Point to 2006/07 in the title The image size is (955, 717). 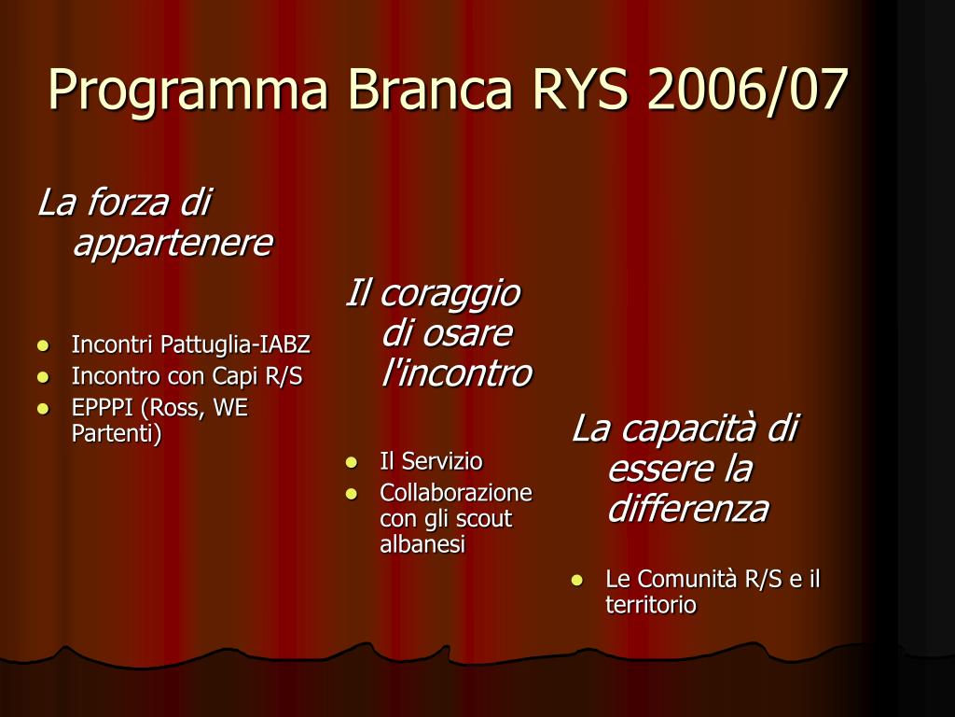pos(747,90)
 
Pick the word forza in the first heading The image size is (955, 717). pos(127,202)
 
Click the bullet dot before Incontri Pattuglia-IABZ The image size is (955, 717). pos(43,345)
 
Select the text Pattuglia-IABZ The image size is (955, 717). pos(235,345)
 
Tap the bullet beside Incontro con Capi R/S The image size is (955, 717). pos(43,377)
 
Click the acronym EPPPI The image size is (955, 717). pos(103,408)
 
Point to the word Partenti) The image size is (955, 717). pos(117,433)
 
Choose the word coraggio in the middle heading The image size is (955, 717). pos(450,295)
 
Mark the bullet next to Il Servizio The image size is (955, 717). pos(352,462)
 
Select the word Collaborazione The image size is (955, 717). pos(456,493)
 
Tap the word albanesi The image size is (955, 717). pos(422,544)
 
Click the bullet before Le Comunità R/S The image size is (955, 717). pos(576,580)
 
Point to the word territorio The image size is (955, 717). pos(650,605)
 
